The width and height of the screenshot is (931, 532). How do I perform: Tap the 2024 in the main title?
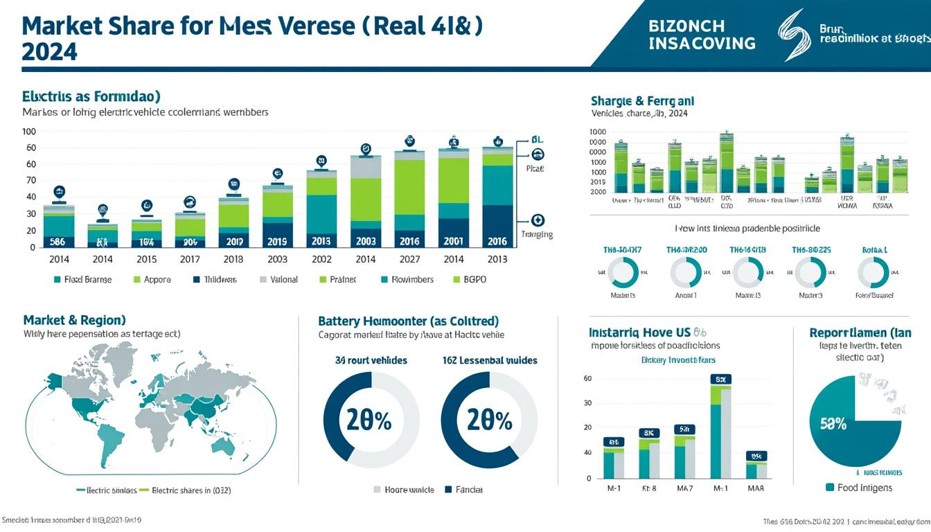tap(49, 51)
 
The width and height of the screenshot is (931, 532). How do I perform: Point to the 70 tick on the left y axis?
tap(30, 180)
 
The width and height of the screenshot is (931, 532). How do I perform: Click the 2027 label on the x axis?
tap(409, 259)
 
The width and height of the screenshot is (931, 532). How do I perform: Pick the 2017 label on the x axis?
tap(190, 259)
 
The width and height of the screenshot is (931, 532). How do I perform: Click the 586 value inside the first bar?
tap(58, 242)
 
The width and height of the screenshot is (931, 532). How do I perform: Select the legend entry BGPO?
tap(474, 280)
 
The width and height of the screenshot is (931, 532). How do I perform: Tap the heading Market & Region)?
tap(74, 320)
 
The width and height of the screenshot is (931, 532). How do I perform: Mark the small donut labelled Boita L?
tap(874, 273)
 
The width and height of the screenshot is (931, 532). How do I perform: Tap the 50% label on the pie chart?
tap(833, 424)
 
